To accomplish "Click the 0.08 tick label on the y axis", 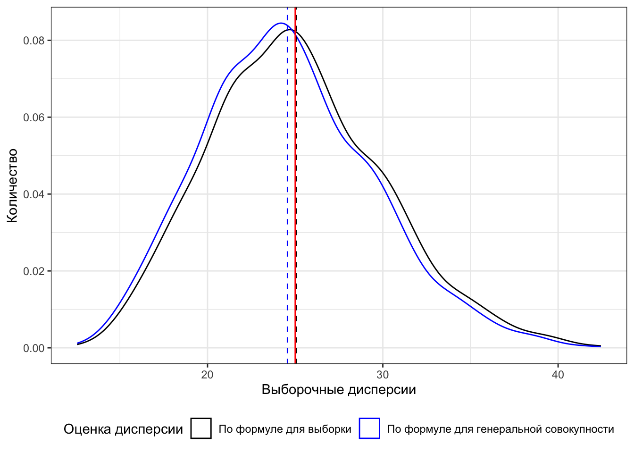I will coord(34,41).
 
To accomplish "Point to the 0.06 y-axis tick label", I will coord(34,117).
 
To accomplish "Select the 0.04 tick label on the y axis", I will coord(34,194).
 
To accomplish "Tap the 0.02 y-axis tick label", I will coord(34,271).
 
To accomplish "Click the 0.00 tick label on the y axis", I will coord(34,348).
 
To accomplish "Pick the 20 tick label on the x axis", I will coord(208,375).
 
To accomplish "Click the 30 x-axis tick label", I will coord(383,375).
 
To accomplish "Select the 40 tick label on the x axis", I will coord(558,375).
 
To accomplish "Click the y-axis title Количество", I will coord(12,185).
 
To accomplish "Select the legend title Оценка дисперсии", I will coord(123,429).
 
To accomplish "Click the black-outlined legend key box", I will coord(201,429).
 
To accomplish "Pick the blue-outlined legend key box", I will coord(369,429).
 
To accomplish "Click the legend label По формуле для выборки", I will coord(285,429).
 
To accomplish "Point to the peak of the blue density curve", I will coord(281,23).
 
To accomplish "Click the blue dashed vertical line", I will coord(287,189).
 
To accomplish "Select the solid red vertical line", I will coord(295,189).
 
